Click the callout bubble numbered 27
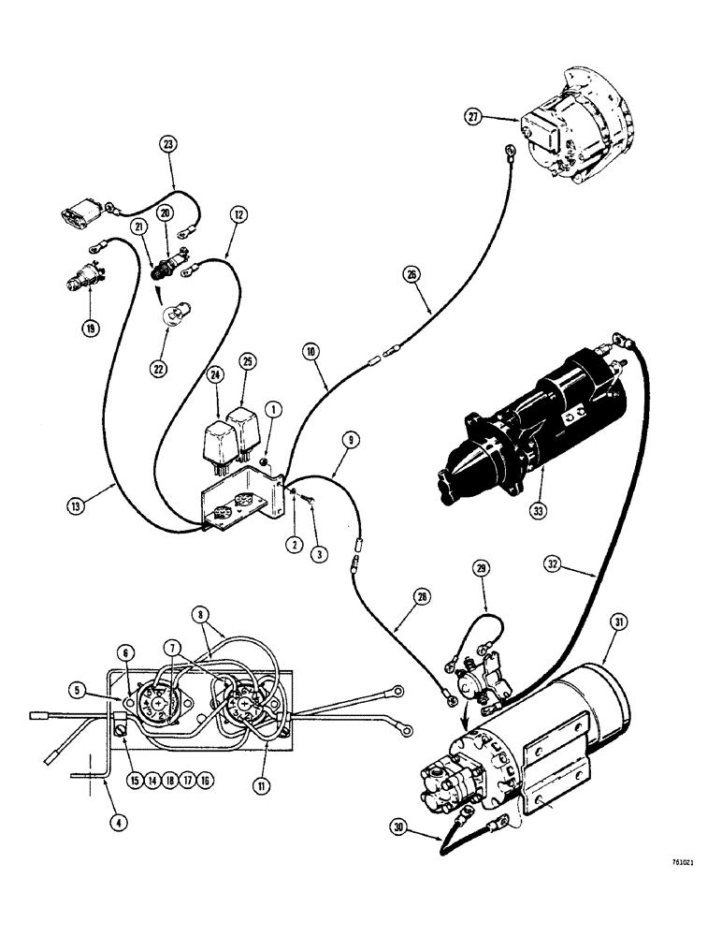pyautogui.click(x=475, y=116)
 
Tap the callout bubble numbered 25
pyautogui.click(x=248, y=360)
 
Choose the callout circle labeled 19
pyautogui.click(x=90, y=328)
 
